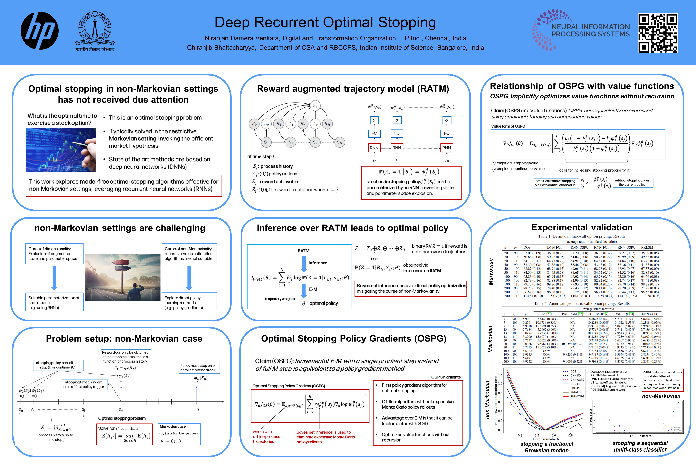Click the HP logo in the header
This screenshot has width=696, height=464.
click(x=39, y=31)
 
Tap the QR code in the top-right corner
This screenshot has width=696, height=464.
click(x=658, y=33)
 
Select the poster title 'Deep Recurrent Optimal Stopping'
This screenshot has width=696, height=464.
click(x=325, y=23)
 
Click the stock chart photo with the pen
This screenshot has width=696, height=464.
click(x=61, y=150)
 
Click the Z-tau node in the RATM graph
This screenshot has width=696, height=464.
click(x=315, y=106)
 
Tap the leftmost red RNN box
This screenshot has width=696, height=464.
click(x=374, y=148)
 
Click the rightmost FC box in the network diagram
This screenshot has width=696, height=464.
click(x=446, y=134)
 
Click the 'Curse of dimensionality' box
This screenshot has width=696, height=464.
click(x=54, y=254)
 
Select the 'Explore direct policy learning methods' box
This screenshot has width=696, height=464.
click(x=189, y=302)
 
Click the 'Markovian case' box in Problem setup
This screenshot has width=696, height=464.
click(x=179, y=434)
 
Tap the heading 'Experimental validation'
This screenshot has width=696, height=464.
click(x=582, y=227)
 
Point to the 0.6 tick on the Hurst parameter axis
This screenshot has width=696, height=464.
click(x=554, y=435)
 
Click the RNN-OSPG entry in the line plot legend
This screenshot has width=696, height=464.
click(x=577, y=396)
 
